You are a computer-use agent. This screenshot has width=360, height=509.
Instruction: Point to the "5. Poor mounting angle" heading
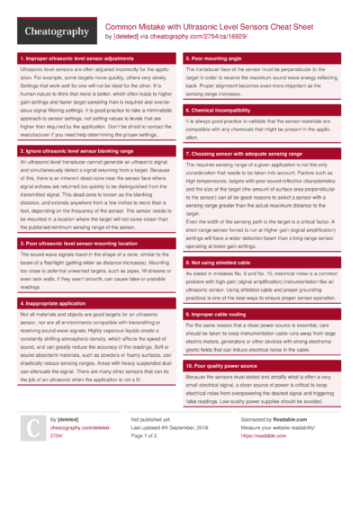212,58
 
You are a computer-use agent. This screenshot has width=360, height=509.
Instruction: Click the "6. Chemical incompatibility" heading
219,107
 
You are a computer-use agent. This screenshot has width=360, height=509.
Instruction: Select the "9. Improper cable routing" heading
218,313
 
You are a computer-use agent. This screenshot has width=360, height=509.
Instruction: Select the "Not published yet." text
150,444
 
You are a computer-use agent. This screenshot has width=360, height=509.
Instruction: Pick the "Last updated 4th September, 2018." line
169,452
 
